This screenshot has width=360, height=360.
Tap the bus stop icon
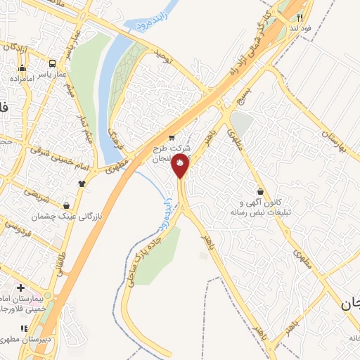point(22,69)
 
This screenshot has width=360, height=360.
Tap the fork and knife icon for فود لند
point(299,18)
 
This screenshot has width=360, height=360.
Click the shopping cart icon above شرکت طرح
point(172,137)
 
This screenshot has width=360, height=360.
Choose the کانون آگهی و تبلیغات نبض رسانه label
point(264,207)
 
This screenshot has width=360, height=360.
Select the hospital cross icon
point(20,288)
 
